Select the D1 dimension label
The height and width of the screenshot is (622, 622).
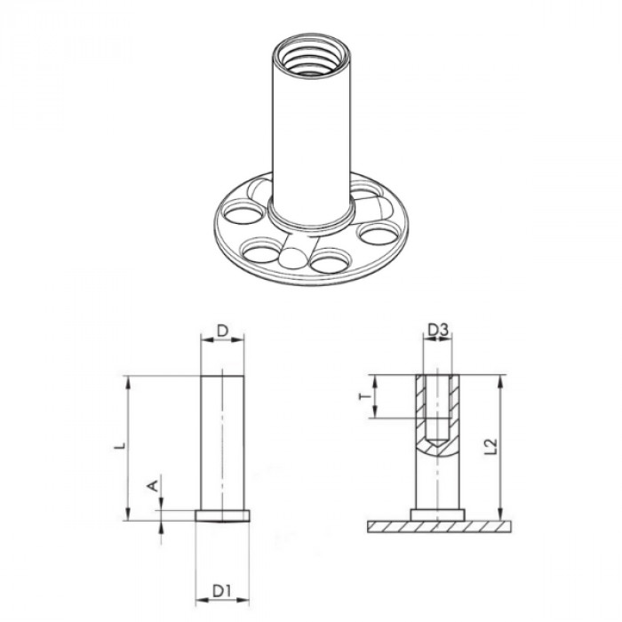click(222, 588)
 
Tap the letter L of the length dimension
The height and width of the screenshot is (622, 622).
click(124, 443)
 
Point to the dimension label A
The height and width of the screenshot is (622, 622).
click(152, 485)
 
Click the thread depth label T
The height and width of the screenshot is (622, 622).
click(363, 397)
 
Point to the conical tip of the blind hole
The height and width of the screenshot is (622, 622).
click(437, 442)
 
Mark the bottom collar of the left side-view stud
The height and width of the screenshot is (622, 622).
click(223, 514)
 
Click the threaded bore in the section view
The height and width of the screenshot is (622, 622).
click(437, 404)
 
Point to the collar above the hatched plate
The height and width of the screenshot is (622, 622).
click(437, 514)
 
